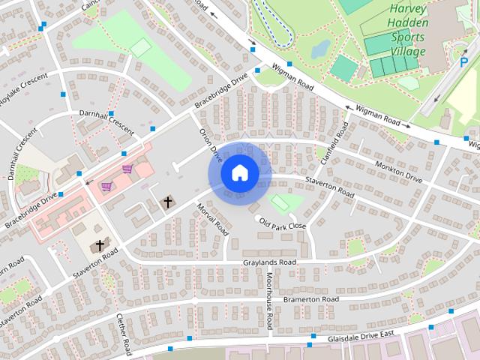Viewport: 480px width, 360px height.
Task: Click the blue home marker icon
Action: [239, 173]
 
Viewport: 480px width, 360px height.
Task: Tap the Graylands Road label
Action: [270, 262]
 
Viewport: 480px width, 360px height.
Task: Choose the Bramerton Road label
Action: [310, 299]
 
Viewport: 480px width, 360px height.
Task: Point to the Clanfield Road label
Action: [331, 147]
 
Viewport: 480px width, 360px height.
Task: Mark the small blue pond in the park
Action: [319, 49]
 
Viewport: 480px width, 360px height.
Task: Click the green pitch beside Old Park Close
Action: [281, 202]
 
